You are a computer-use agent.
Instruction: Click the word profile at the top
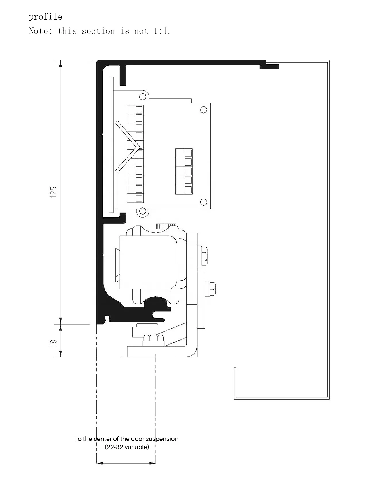45,17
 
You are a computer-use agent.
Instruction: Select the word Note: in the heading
41,31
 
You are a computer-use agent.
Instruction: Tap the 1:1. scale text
162,31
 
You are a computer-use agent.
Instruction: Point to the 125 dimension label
54,192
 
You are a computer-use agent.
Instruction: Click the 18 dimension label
54,342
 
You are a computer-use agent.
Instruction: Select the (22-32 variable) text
127,447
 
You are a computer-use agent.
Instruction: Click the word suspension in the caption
162,439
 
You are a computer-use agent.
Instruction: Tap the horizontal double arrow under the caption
126,463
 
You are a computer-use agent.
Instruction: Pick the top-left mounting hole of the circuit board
142,96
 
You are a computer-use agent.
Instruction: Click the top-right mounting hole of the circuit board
203,110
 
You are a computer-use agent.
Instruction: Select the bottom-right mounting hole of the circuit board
203,202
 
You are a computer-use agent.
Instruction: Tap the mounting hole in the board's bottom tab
142,212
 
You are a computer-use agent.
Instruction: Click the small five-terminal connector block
184,171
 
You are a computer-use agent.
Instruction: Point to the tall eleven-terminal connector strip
136,154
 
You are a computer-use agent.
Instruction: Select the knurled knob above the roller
166,226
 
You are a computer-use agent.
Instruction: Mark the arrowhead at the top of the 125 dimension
61,63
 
